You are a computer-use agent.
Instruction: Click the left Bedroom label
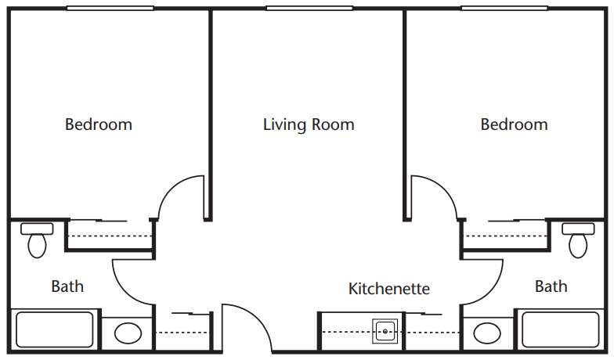[99, 124]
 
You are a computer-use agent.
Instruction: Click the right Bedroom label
[514, 124]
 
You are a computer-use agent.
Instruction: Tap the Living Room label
[309, 125]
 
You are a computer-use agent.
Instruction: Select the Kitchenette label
[389, 289]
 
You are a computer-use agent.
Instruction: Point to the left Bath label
[67, 286]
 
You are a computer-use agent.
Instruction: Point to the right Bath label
[551, 286]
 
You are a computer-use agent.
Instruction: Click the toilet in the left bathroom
[37, 240]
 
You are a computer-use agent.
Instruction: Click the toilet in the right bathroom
[578, 240]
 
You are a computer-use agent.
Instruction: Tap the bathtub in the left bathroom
[55, 329]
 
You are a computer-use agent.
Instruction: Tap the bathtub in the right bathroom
[561, 329]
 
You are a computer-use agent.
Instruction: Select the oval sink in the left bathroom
[128, 333]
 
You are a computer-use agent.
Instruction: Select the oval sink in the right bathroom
[487, 333]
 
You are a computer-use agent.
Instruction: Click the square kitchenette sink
[385, 332]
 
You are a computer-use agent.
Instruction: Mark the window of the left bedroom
[110, 8]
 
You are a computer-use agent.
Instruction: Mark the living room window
[309, 8]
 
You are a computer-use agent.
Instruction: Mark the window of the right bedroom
[504, 8]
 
